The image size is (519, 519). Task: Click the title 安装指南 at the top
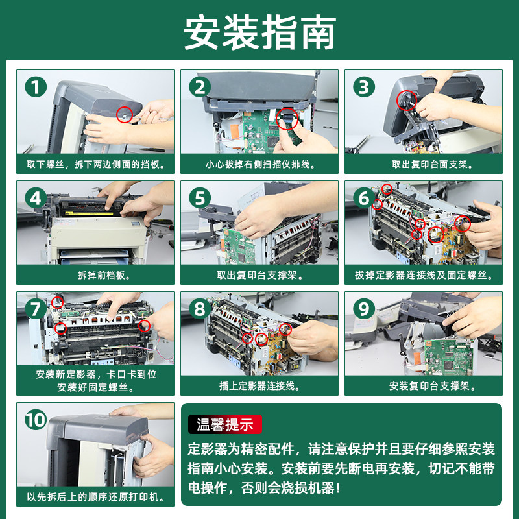(x=260, y=32)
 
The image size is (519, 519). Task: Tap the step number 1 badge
(x=36, y=87)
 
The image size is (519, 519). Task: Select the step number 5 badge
(x=200, y=198)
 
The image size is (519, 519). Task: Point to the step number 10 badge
(x=36, y=420)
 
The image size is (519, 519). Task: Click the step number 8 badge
(x=200, y=309)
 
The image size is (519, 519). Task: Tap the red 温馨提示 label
(x=225, y=424)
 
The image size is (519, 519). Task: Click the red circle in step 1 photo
(x=125, y=115)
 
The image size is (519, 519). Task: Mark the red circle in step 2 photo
(x=287, y=119)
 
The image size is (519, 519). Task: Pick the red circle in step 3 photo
(x=407, y=101)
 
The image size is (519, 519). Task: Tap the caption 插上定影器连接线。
(x=260, y=386)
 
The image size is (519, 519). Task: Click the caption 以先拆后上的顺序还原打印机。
(x=95, y=497)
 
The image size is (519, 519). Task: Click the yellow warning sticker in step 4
(x=89, y=213)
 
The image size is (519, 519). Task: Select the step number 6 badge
(x=364, y=198)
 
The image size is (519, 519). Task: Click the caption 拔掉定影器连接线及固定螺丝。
(x=424, y=275)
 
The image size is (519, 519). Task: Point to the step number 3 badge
(x=364, y=87)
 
